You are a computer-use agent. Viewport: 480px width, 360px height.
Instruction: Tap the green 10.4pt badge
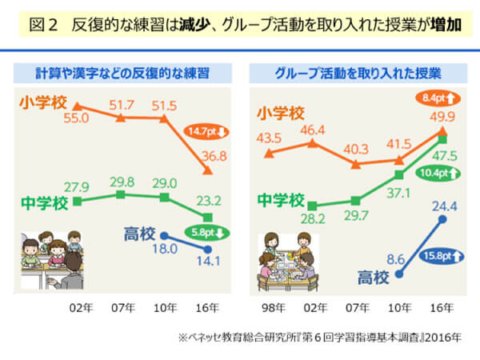[x=437, y=174]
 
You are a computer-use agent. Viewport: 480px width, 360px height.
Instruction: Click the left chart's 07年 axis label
[x=122, y=307]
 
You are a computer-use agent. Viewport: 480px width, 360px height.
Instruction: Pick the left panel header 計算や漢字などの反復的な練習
[x=121, y=73]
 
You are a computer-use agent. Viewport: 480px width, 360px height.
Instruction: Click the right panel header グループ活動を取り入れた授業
[x=358, y=73]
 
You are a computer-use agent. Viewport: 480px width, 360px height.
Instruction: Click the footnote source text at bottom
[x=319, y=338]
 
